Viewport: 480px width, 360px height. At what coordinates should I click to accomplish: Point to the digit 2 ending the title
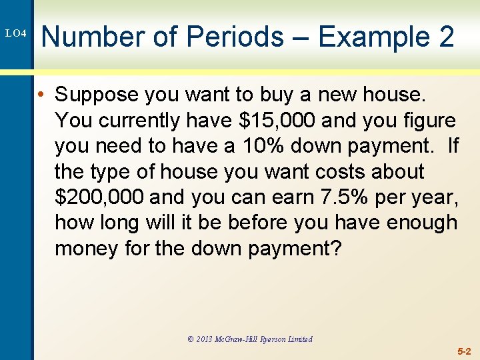(x=446, y=36)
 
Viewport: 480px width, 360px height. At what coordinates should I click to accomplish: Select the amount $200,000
(x=100, y=197)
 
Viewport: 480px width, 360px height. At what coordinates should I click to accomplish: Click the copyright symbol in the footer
(x=191, y=339)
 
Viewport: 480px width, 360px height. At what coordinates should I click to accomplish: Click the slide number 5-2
(x=464, y=351)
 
